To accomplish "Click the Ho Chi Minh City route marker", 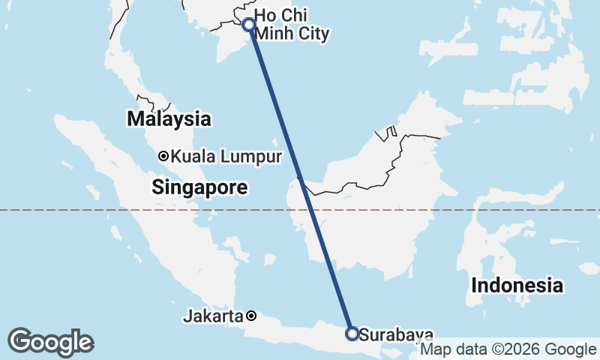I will (249, 25).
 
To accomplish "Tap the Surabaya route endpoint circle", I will (351, 333).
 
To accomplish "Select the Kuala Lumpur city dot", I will (163, 157).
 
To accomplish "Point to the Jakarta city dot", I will (252, 316).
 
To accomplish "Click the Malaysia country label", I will (169, 118).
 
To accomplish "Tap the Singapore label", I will (199, 187).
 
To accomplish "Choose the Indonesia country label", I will (517, 285).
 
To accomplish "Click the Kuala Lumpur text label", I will (226, 157).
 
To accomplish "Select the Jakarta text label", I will (213, 316).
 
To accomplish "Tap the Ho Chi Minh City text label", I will (292, 24).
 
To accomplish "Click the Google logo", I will (50, 341).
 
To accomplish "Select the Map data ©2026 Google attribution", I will (508, 349).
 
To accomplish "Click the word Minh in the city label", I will (275, 33).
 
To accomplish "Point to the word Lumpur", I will (254, 157).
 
